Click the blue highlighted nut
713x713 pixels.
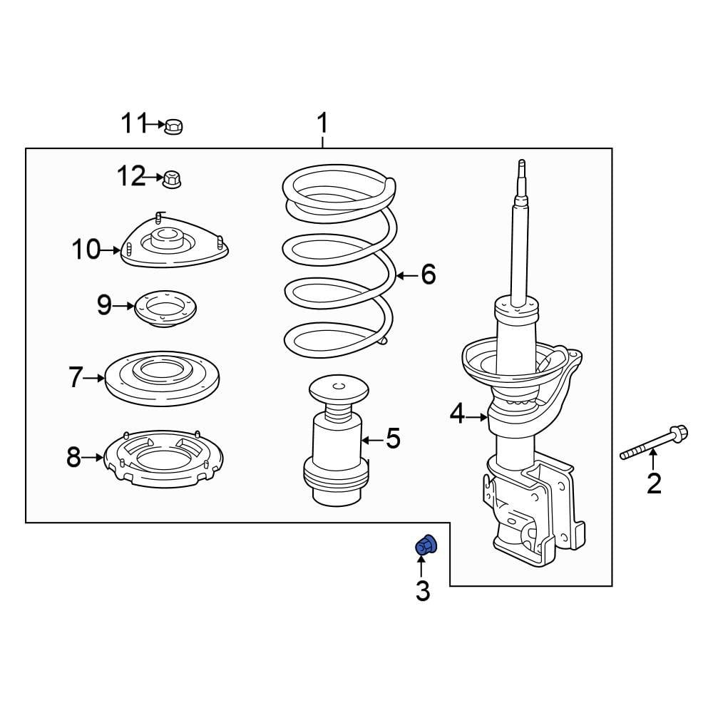pyautogui.click(x=426, y=546)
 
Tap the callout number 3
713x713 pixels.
pyautogui.click(x=423, y=590)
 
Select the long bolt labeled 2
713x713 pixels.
pyautogui.click(x=654, y=443)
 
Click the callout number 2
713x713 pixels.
pyautogui.click(x=654, y=483)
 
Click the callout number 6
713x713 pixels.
pyautogui.click(x=428, y=274)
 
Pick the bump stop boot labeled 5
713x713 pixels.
pyautogui.click(x=337, y=442)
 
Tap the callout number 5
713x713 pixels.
pyautogui.click(x=394, y=438)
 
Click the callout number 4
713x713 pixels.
pyautogui.click(x=457, y=413)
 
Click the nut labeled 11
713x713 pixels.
pyautogui.click(x=173, y=127)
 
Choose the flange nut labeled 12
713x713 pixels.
pyautogui.click(x=171, y=178)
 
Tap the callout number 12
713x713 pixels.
pyautogui.click(x=131, y=175)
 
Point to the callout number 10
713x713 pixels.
pyautogui.click(x=86, y=250)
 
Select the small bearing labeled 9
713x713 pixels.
pyautogui.click(x=165, y=309)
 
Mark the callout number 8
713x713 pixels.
pyautogui.click(x=74, y=457)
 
